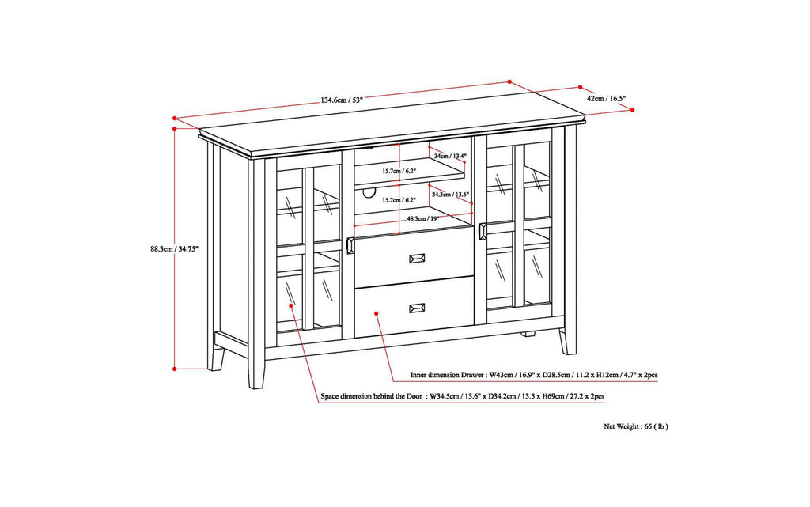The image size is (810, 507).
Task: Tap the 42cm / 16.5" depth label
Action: pos(606,98)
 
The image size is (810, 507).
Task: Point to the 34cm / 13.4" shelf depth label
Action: pos(451,157)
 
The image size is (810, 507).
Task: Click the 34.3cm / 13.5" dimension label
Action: pos(451,194)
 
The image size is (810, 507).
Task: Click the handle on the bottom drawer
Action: pos(416,307)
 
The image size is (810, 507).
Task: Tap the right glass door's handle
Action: pos(482,232)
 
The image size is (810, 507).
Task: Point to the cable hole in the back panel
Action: pos(368,192)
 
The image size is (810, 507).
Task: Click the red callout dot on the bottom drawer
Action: pos(377,312)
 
